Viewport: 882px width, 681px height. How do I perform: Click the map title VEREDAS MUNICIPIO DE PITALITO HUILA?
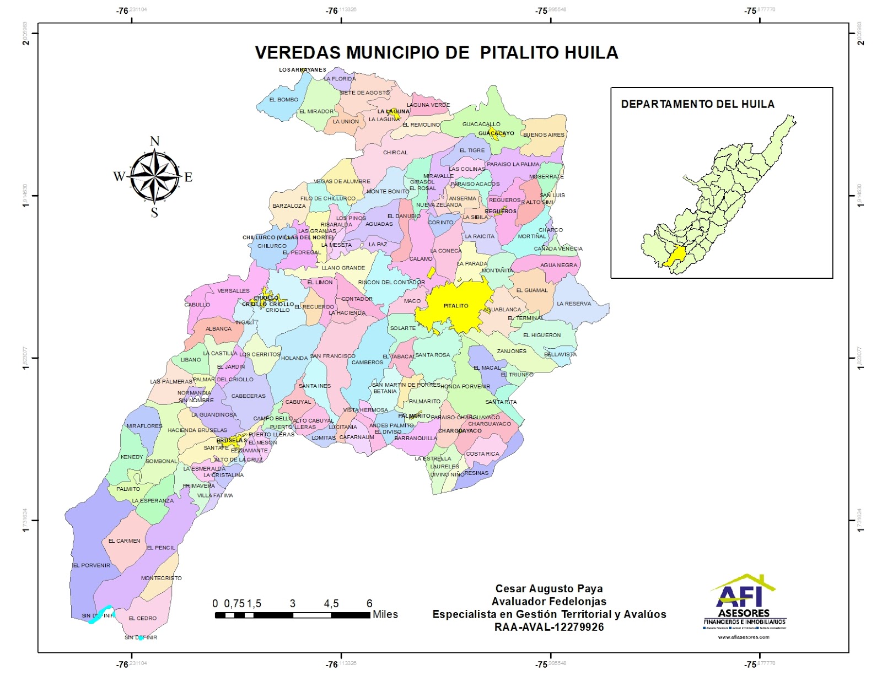pos(436,53)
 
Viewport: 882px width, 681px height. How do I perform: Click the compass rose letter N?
pos(154,142)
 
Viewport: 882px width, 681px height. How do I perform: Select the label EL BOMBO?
pos(283,100)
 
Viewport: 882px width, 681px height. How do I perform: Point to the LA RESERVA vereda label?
pos(573,304)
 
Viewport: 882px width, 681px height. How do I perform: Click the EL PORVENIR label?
pos(92,565)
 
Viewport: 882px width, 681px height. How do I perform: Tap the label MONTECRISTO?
pos(161,578)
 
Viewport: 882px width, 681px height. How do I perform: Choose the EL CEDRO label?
pos(142,618)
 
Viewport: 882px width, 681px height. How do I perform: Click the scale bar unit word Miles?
pos(385,614)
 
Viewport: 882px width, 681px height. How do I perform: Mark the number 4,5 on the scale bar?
pos(331,604)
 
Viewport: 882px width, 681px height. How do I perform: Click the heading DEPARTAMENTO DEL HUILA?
pos(697,104)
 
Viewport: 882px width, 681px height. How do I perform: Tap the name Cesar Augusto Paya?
pos(548,589)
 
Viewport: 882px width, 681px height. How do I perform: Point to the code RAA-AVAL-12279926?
pos(548,627)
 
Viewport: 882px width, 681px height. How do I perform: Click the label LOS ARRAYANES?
pos(302,70)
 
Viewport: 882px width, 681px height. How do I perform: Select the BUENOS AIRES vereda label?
pos(544,135)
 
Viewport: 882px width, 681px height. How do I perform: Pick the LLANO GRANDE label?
pos(343,268)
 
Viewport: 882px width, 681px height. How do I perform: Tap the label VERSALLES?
pos(233,291)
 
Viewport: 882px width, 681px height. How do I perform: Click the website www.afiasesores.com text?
pos(743,637)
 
